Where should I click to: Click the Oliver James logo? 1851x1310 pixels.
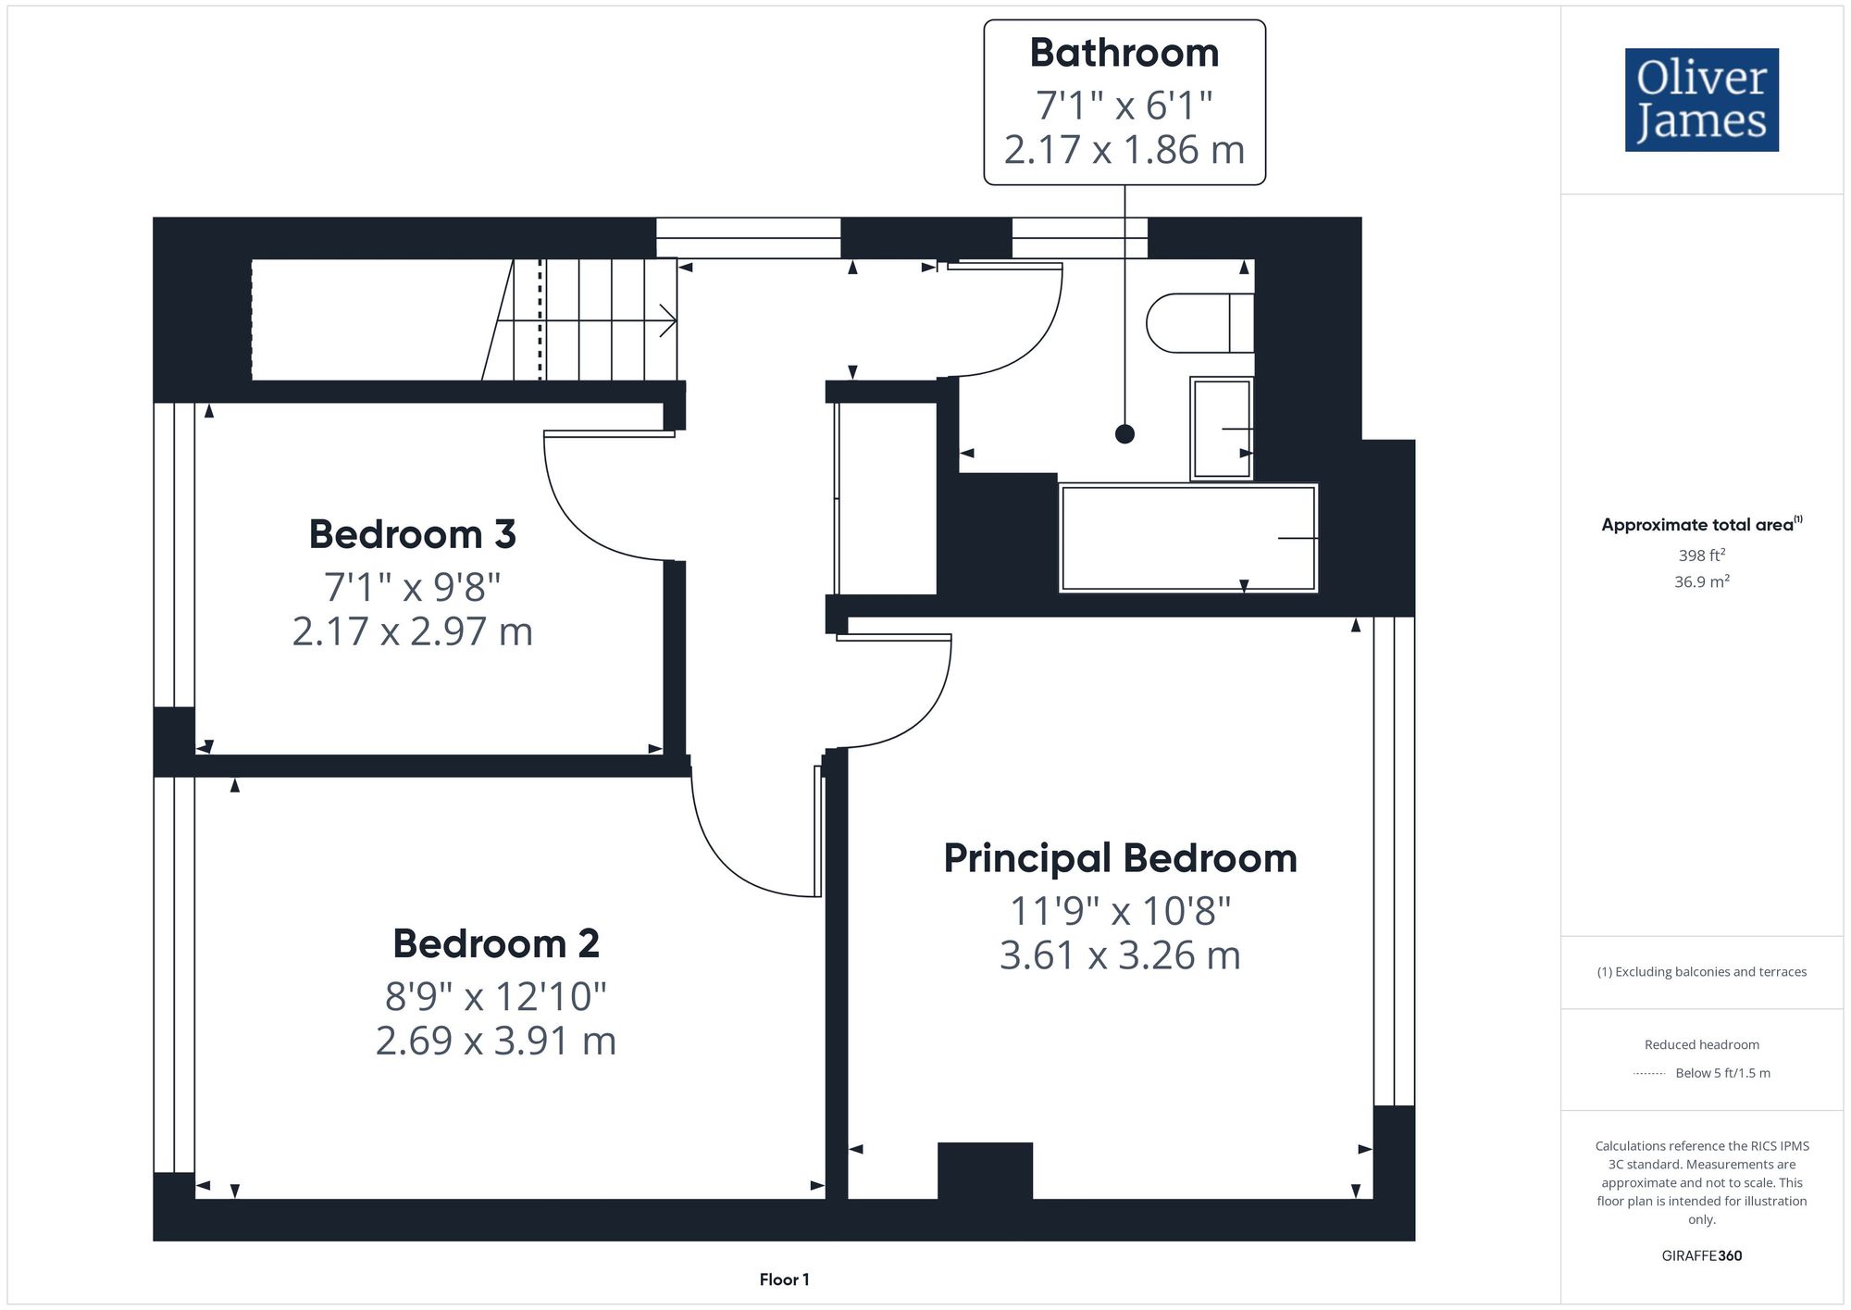[1702, 100]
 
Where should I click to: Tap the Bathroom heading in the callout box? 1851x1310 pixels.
[1124, 53]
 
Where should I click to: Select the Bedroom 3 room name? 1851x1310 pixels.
[412, 534]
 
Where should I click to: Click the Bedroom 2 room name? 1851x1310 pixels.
[496, 943]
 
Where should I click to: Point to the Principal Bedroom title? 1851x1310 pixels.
[1120, 858]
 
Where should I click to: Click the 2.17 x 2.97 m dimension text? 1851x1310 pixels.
[413, 631]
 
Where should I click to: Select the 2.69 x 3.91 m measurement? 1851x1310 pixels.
[496, 1041]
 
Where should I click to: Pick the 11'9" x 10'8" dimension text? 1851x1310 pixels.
[1120, 911]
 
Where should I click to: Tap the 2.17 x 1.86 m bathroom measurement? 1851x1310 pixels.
[1124, 150]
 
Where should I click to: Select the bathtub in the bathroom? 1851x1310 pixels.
[1188, 538]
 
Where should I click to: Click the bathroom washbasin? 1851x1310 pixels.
[1222, 429]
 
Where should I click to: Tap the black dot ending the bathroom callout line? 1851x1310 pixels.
[1124, 433]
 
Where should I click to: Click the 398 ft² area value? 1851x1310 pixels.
[1702, 555]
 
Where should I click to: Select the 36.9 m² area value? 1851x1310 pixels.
[1702, 581]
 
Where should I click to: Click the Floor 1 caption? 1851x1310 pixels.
[784, 1279]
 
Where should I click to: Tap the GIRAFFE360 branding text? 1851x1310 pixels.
[1702, 1255]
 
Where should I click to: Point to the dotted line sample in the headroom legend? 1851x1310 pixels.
[1649, 1074]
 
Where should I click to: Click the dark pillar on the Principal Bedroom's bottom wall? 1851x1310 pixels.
[985, 1171]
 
